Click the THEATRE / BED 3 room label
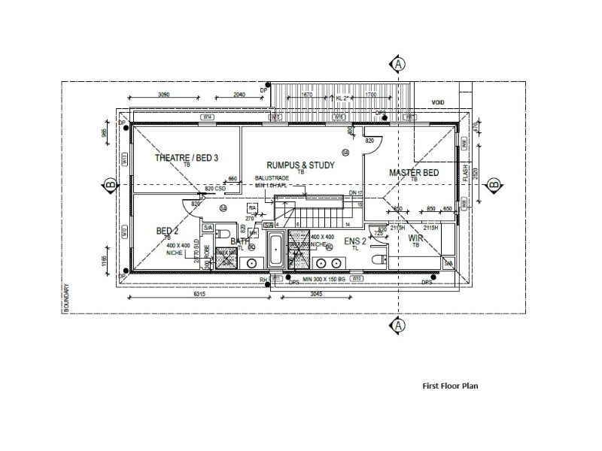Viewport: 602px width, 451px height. tap(186, 158)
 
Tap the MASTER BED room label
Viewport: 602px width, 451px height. tap(413, 173)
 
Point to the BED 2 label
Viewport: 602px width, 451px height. tap(167, 230)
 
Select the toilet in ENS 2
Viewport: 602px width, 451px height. tap(380, 259)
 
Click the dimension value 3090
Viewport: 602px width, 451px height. tap(164, 95)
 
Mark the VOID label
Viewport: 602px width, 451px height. tap(438, 102)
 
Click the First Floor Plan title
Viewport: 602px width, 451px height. tap(450, 386)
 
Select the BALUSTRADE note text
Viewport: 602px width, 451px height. tap(272, 178)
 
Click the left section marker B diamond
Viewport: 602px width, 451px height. tap(110, 185)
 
